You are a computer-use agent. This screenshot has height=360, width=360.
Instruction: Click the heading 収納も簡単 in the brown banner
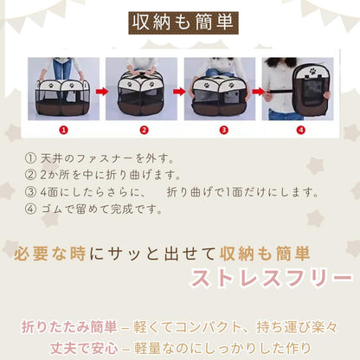pos(183,22)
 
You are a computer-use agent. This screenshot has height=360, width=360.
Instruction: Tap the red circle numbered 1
pos(64,130)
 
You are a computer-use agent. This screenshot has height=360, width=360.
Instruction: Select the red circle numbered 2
pos(144,130)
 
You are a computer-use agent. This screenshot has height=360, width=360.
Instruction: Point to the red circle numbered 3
pos(223,130)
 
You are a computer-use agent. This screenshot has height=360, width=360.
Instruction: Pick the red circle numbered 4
pos(301,130)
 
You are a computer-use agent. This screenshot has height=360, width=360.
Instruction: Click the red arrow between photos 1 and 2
pos(102,92)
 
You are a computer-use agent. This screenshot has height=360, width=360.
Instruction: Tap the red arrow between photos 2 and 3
pos(179,92)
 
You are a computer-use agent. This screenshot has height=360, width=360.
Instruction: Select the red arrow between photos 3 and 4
pos(258,92)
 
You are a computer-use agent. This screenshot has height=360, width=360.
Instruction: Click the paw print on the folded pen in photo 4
pos(312,71)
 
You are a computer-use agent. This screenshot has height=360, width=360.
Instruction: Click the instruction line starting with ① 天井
pos(100,158)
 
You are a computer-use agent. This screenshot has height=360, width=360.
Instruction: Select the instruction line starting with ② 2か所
pos(103,175)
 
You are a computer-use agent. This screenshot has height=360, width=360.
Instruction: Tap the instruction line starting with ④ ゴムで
pos(93,209)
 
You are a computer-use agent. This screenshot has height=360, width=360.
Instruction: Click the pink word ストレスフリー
pos(271,279)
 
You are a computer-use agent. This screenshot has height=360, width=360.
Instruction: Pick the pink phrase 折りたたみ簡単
pos(69,327)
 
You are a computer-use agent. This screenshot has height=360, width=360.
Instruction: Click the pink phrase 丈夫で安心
pos(84,349)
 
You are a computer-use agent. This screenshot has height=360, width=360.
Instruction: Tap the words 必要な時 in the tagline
pos(50,254)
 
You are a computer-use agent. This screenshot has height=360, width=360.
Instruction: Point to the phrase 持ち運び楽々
pos(297,327)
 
